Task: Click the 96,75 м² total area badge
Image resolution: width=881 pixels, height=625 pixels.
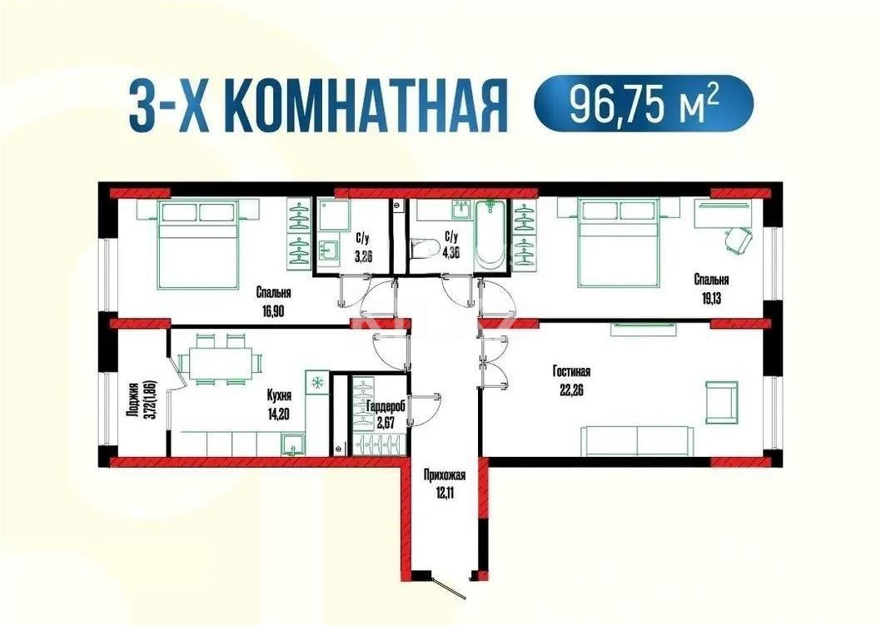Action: (x=643, y=102)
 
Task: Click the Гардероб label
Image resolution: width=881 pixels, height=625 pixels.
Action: (x=386, y=405)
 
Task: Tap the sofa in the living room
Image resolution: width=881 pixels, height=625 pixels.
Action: (x=637, y=439)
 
